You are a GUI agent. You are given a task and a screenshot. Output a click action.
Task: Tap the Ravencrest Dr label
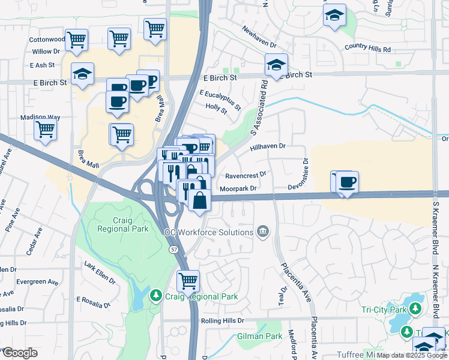coord(246,176)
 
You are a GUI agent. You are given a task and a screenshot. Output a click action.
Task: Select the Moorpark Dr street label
coord(238,188)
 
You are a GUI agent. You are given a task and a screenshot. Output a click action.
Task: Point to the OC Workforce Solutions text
coord(209,232)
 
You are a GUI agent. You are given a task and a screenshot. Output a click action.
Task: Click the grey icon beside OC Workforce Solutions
coord(262,232)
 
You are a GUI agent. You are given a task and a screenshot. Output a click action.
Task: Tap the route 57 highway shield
coord(173,248)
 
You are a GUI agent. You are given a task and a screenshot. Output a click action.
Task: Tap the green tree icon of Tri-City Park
coord(415,310)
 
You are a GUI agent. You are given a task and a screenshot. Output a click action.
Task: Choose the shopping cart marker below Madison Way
coord(46,130)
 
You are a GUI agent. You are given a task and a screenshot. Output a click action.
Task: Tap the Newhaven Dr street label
coord(259,37)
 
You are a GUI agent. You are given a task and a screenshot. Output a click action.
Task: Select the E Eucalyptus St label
coord(220,100)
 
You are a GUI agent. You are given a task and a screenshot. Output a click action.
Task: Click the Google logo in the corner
coord(20,353)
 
